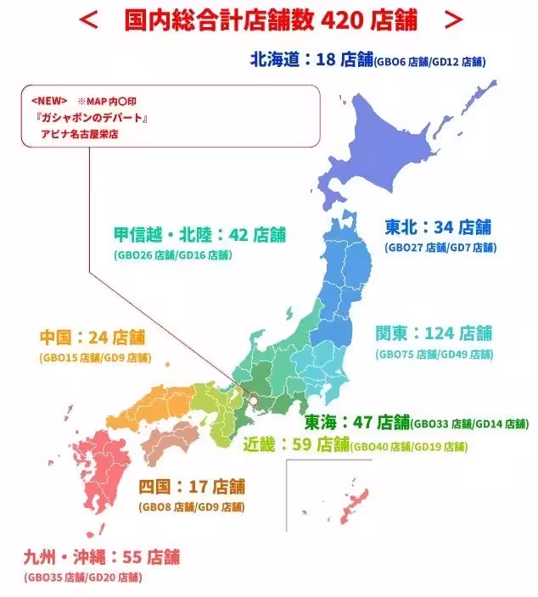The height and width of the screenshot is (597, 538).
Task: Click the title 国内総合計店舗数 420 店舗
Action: click(x=270, y=19)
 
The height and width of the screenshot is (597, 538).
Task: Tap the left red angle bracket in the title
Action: click(x=88, y=19)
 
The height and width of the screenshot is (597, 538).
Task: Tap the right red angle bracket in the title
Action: click(x=454, y=19)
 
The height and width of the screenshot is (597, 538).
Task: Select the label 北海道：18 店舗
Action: click(x=311, y=59)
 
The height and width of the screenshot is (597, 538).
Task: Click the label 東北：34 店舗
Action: click(x=438, y=226)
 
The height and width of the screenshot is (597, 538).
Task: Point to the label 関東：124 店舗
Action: click(x=434, y=332)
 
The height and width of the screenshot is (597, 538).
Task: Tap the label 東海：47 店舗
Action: click(x=357, y=421)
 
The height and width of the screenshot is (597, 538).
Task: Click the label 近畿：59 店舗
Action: click(x=296, y=444)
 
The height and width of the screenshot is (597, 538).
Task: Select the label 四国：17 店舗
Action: click(x=192, y=487)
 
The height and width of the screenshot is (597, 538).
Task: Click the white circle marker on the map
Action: click(x=252, y=398)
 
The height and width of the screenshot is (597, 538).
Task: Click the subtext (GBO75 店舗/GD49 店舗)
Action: click(x=434, y=354)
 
